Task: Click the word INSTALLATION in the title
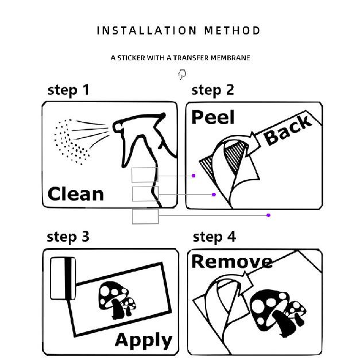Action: click(x=146, y=30)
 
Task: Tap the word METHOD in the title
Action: click(x=233, y=30)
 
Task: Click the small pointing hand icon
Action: click(x=182, y=74)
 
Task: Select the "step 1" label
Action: click(x=68, y=91)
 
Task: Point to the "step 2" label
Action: click(x=213, y=91)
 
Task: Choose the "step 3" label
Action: click(x=68, y=237)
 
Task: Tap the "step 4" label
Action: click(x=214, y=237)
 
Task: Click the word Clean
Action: click(x=76, y=194)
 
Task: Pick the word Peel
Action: click(x=213, y=117)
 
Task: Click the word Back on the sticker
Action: click(x=288, y=130)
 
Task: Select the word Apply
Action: click(x=144, y=341)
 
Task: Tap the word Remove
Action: click(x=232, y=261)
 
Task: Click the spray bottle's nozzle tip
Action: click(x=117, y=127)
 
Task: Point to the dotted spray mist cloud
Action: click(x=71, y=142)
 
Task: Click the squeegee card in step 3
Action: click(x=63, y=278)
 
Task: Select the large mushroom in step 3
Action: click(x=113, y=300)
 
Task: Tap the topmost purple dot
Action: click(x=193, y=176)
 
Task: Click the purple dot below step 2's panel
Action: click(x=268, y=215)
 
